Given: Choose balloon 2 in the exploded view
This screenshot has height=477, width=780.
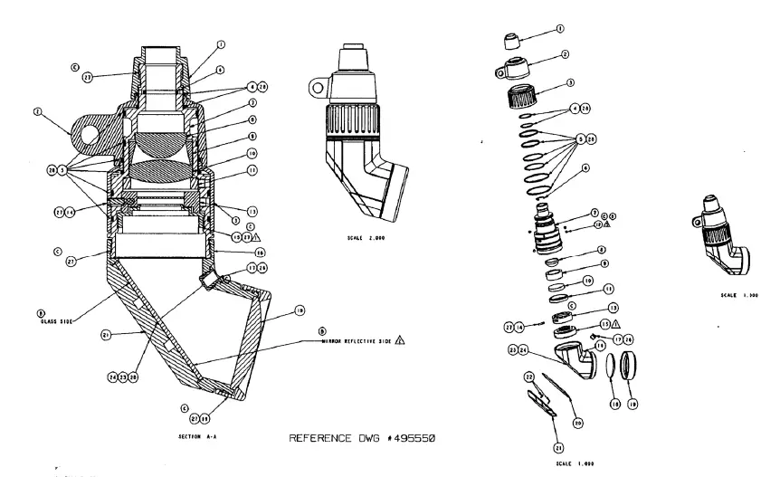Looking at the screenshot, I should (565, 54).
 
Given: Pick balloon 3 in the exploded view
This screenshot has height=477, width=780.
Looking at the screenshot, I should (570, 82).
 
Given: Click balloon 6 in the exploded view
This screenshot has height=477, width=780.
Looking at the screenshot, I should (585, 167).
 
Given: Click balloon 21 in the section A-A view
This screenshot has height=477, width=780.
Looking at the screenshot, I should (106, 335).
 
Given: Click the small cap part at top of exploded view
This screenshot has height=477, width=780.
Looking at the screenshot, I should (513, 42).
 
